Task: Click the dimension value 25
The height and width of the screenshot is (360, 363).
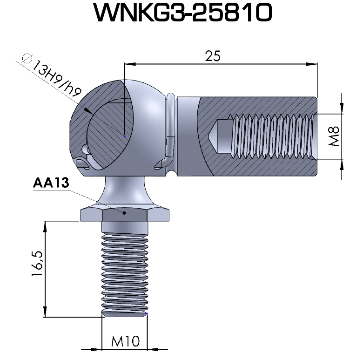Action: coord(213,55)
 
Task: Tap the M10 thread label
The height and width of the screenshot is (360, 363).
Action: coord(125,342)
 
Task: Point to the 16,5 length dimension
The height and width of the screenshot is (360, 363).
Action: coord(38,264)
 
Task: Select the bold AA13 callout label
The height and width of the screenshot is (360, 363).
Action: coord(51,183)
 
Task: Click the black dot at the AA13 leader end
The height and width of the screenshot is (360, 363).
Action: coord(124,213)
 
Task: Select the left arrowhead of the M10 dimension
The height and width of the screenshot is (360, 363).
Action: coord(97,348)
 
